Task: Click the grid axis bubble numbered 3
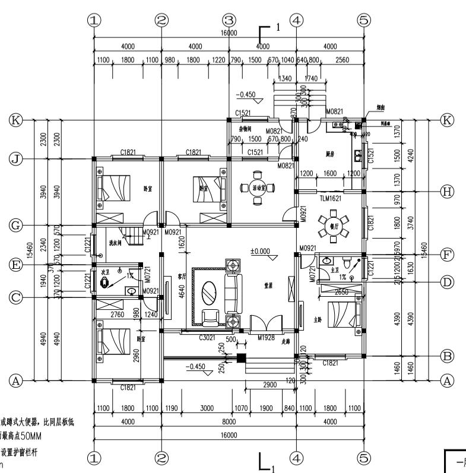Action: [229, 20]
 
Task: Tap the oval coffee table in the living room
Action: [210, 292]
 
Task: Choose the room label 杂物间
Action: [245, 128]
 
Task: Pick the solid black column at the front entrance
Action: [241, 358]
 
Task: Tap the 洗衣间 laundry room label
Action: [115, 243]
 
